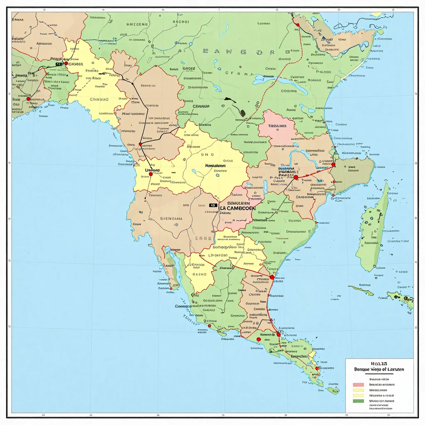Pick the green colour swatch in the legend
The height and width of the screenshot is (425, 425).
pyautogui.click(x=357, y=401)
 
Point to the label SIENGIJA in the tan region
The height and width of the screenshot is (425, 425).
pyautogui.click(x=171, y=218)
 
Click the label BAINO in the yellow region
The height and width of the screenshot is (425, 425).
pyautogui.click(x=200, y=274)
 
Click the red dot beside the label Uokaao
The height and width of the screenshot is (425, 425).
pyautogui.click(x=151, y=174)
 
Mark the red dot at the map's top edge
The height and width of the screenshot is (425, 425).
pyautogui.click(x=298, y=25)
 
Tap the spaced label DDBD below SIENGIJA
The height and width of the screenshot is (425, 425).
pyautogui.click(x=203, y=239)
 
